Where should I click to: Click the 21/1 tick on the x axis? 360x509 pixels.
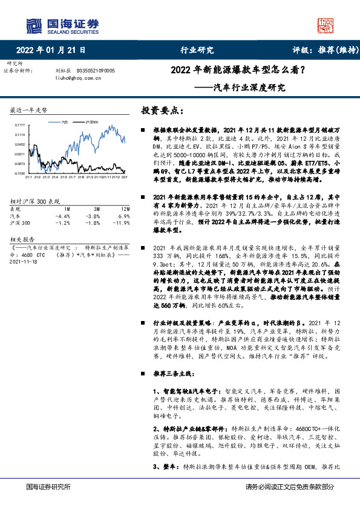[28, 178]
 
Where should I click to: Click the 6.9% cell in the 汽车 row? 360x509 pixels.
[125, 215]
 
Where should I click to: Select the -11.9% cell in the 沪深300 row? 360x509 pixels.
[123, 222]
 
